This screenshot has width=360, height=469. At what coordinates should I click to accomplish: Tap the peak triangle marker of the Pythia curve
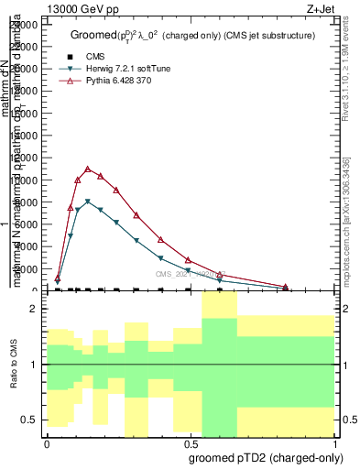click(87, 169)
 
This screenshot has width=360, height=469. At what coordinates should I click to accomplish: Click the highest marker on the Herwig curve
click(87, 202)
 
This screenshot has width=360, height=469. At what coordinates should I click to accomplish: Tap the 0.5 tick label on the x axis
click(189, 442)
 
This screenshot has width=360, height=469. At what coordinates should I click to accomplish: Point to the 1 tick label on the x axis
click(335, 442)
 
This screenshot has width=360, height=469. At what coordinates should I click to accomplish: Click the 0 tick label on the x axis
click(47, 442)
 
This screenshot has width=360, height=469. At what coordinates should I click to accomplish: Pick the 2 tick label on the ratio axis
click(33, 309)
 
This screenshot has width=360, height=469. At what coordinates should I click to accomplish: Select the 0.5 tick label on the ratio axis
click(28, 420)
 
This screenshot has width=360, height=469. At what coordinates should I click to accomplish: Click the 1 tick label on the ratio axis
click(33, 365)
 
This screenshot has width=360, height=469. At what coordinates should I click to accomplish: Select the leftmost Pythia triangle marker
click(58, 277)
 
